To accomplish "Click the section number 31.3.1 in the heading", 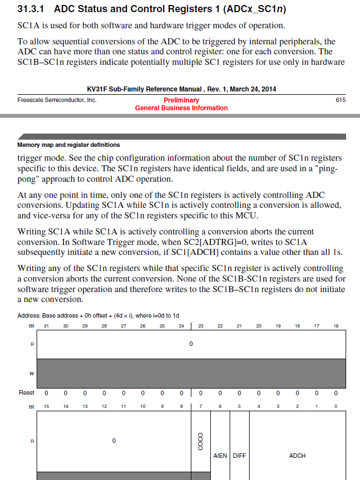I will click(x=33, y=9).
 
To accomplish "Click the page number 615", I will click(x=341, y=100).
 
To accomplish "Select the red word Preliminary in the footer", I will click(x=181, y=100).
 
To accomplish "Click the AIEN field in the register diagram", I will click(x=220, y=456).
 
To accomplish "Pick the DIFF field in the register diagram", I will click(x=239, y=456).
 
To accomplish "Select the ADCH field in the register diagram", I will click(x=297, y=456).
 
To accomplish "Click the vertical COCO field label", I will click(x=200, y=441).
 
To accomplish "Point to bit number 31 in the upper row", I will click(x=46, y=326).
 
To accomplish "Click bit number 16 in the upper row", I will click(x=336, y=326).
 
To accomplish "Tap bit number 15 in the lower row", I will click(x=46, y=406).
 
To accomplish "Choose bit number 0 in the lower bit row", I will click(x=336, y=406).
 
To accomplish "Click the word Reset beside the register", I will click(x=27, y=392).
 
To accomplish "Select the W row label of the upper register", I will click(x=31, y=373).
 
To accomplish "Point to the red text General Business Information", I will click(x=181, y=108).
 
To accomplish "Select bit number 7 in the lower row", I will click(x=200, y=406).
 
